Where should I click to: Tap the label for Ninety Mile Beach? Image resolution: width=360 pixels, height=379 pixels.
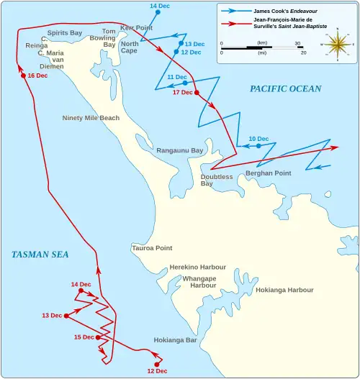tap(91, 117)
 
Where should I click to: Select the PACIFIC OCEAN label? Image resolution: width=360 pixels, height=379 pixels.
tap(285, 88)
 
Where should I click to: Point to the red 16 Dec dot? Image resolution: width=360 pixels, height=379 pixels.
tap(23, 76)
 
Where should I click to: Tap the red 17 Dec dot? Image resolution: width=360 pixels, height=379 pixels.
tap(197, 92)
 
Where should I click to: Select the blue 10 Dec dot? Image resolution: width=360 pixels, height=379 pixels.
tap(258, 146)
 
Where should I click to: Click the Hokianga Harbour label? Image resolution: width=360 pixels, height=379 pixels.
tap(284, 290)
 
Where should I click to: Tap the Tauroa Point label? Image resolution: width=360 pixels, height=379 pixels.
tap(152, 248)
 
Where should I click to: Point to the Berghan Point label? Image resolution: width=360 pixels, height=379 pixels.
tap(268, 173)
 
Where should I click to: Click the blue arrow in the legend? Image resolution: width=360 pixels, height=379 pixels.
tap(235, 12)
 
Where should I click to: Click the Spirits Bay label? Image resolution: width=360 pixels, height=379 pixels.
tap(65, 33)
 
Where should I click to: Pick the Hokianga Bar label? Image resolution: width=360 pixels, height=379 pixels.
tap(175, 340)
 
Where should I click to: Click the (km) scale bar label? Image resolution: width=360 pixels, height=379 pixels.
tap(261, 43)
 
